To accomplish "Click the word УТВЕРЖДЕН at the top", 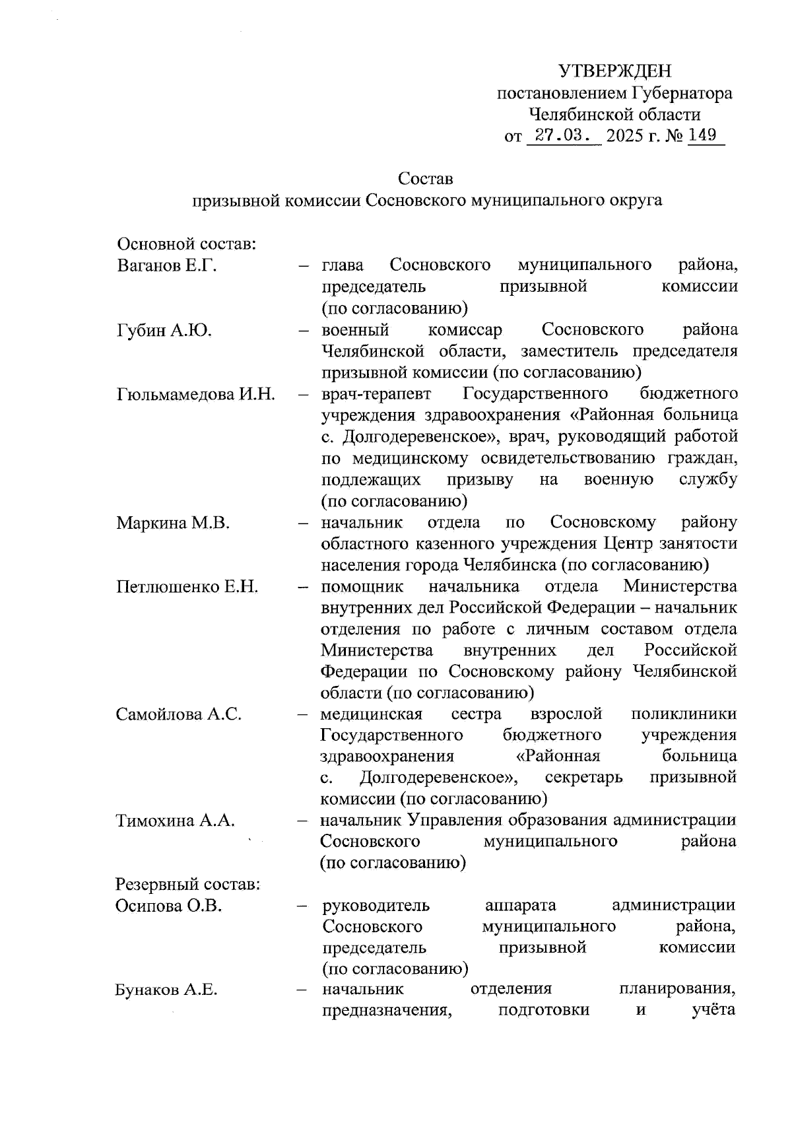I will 614,71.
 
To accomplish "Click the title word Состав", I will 426,179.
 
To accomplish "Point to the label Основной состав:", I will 186,244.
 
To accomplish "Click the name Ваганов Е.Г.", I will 167,265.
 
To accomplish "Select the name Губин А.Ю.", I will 164,330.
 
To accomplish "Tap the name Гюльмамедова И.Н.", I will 196,394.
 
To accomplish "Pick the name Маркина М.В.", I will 173,523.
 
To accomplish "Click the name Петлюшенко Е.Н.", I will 187,587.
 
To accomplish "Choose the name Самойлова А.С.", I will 179,714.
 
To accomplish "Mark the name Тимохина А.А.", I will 175,821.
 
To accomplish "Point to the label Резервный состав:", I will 187,885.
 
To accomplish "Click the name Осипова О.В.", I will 168,906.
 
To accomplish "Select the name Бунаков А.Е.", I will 166,990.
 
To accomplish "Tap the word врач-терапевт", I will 376,394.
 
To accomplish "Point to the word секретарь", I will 583,777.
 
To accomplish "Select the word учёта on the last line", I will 714,1011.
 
